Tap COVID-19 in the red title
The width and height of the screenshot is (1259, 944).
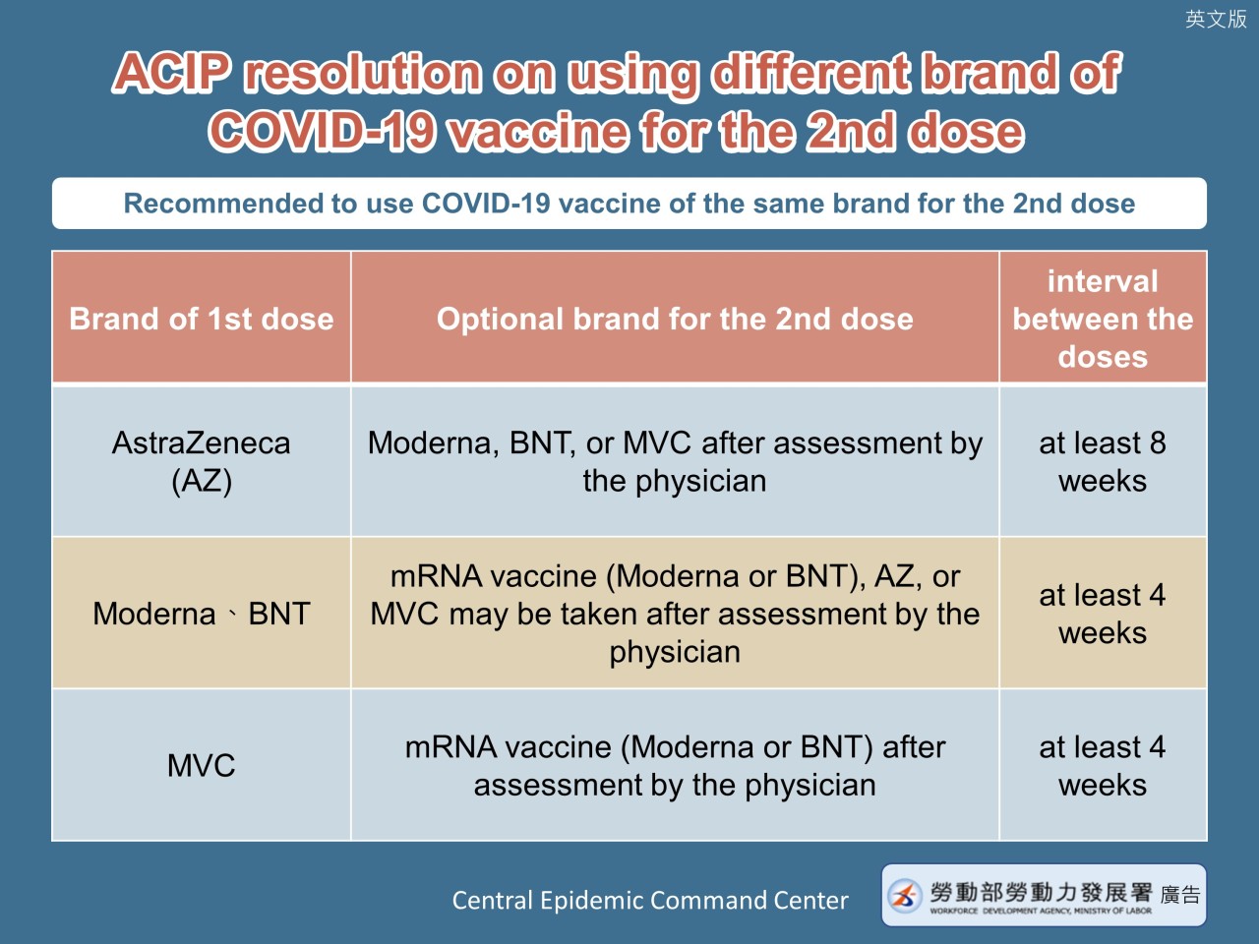(322, 131)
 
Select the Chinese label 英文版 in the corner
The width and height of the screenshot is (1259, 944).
(1216, 19)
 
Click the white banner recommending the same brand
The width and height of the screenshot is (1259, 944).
(629, 204)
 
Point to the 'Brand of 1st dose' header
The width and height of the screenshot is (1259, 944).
(202, 318)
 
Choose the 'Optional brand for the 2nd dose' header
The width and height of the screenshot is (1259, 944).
(675, 318)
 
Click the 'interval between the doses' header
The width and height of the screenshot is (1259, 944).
(1103, 318)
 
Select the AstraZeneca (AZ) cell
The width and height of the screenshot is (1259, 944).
(202, 461)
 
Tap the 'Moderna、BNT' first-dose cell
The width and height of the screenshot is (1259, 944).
(202, 614)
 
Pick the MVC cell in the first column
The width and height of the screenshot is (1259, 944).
(202, 765)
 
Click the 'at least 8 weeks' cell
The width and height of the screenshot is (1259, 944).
(1103, 461)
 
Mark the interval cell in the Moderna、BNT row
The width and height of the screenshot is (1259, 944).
(1103, 614)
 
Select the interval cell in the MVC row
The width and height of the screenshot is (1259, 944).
(1103, 765)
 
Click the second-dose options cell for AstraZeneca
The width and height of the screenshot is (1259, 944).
(675, 461)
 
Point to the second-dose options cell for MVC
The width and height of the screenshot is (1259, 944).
(675, 765)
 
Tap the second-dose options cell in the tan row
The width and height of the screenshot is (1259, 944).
(675, 614)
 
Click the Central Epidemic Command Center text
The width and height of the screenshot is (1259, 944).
(650, 900)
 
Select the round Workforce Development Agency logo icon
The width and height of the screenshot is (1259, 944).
(905, 895)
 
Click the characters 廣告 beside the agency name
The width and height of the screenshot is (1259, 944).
(1180, 895)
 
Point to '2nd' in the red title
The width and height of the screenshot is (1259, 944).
(851, 131)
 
